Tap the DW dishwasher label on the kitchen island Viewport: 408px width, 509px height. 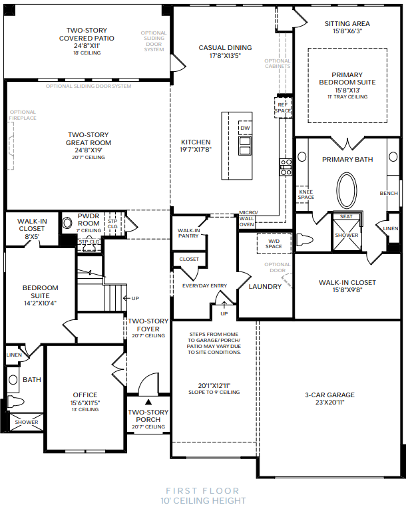click(x=245, y=128)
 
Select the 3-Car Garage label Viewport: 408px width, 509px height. click(x=329, y=395)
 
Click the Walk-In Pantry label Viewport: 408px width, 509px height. click(x=188, y=233)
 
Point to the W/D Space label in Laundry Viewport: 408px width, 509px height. click(x=274, y=244)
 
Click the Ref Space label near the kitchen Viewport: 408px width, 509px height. click(x=284, y=108)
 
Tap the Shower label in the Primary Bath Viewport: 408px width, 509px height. click(x=346, y=235)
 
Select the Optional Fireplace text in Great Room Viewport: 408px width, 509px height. click(x=23, y=115)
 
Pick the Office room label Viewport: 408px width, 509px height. click(x=85, y=395)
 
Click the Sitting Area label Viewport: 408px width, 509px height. click(x=347, y=23)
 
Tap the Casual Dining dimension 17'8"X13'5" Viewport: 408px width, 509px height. click(x=225, y=56)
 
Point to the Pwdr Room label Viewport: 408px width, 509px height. click(x=88, y=220)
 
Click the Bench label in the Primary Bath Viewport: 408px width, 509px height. click(x=389, y=194)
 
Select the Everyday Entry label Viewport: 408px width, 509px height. click(x=205, y=286)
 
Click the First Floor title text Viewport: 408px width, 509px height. click(x=203, y=491)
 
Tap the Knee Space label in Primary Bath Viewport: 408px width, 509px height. click(x=306, y=194)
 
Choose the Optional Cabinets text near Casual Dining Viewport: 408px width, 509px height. click(x=278, y=64)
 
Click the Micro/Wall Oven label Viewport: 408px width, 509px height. click(x=247, y=219)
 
